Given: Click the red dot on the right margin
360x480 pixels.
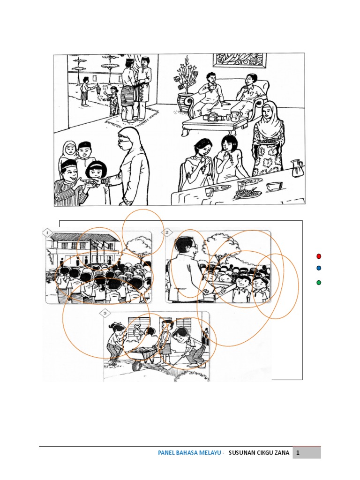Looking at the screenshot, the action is [319, 256].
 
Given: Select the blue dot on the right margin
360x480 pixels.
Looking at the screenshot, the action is [319, 268].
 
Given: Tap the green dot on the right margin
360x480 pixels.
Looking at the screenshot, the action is [319, 283].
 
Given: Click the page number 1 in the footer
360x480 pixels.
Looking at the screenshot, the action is [298, 452].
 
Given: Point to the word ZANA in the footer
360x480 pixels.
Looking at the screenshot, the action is [282, 452].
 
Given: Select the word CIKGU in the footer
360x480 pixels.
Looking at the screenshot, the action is [264, 452].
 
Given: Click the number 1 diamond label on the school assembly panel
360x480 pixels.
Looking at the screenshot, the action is [47, 233].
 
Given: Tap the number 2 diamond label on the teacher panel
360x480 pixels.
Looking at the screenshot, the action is [167, 232].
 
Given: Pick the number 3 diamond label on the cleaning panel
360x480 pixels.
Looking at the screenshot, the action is [105, 313].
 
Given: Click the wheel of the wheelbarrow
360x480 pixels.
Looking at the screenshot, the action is [137, 366].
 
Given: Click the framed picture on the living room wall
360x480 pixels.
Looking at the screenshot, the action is [240, 60].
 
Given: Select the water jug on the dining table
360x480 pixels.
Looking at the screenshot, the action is [296, 168].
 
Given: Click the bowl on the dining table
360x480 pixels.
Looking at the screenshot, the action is [274, 187].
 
